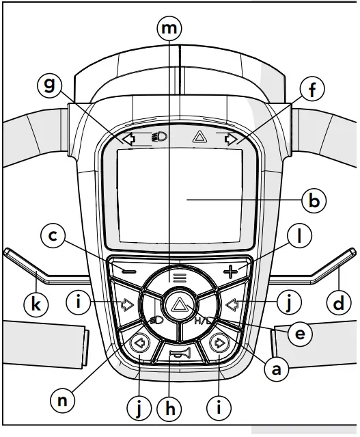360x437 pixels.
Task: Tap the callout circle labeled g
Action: coord(50,87)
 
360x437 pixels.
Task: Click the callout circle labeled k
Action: coord(35,304)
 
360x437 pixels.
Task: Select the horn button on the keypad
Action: coord(179,353)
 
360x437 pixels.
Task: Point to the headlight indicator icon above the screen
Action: coord(159,137)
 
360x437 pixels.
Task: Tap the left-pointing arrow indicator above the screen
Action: coord(126,139)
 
